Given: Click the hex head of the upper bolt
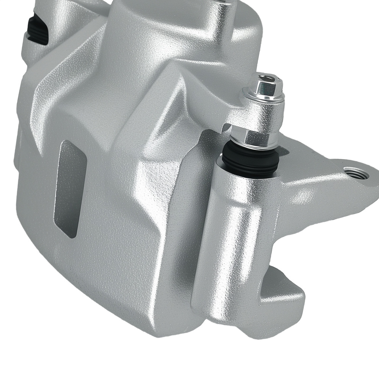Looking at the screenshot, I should pyautogui.click(x=266, y=84).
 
